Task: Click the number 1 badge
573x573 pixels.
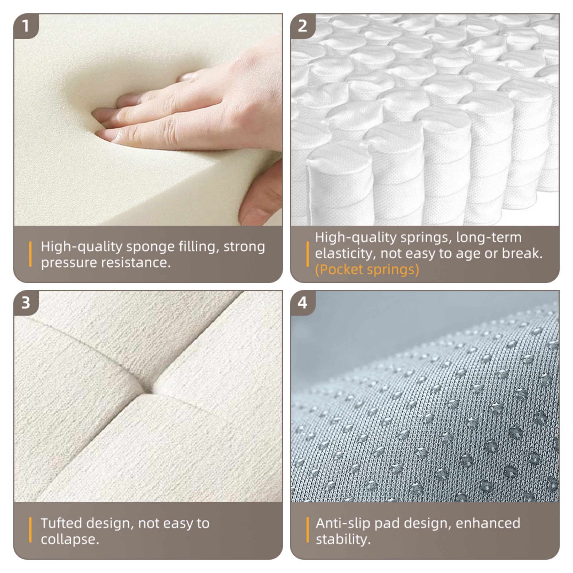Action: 26,26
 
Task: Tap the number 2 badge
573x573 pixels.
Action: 302,26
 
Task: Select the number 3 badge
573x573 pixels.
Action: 26,303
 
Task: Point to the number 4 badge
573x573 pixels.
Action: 302,303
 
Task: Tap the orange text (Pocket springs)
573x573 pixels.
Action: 367,270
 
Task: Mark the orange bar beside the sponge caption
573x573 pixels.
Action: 30,254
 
